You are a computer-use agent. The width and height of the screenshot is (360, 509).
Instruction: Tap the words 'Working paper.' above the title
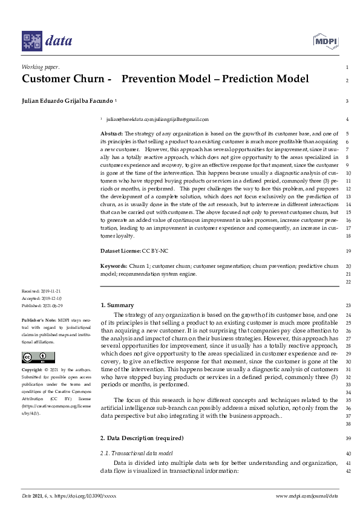[40, 67]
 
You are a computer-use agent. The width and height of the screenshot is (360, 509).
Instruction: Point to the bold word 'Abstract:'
[111, 133]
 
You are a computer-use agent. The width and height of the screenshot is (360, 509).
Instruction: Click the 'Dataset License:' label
[120, 250]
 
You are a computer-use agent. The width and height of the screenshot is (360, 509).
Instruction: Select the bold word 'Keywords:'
[114, 266]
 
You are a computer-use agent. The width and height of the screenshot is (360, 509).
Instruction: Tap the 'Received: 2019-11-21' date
[41, 291]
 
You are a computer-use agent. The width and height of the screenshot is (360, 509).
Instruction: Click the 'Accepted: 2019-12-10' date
[41, 298]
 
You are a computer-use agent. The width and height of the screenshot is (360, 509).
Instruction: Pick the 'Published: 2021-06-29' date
[42, 305]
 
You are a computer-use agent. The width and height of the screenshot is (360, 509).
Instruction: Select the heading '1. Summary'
[117, 305]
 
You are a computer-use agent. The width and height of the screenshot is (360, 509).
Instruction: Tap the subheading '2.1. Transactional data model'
[137, 453]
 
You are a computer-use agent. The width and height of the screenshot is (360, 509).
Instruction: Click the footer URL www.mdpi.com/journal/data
[306, 496]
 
